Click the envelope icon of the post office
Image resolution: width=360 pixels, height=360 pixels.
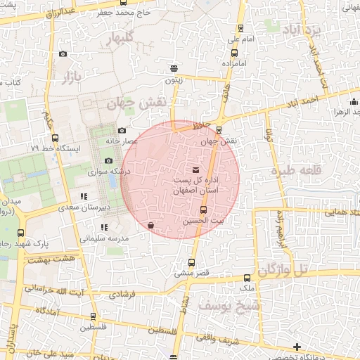coord(195,170)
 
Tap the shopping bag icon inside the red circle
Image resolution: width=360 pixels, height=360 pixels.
coord(151,226)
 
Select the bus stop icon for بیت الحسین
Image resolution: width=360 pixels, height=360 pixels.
coord(204,210)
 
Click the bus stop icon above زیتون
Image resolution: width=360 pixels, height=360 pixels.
coord(174,69)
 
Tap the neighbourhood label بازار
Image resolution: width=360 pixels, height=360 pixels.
coord(67,75)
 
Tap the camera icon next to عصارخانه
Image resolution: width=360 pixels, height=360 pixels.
coord(122,130)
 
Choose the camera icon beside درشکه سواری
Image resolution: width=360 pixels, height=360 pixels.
coord(108,160)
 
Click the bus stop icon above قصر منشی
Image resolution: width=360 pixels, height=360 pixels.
coord(173,263)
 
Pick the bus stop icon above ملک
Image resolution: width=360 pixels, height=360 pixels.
coord(247,278)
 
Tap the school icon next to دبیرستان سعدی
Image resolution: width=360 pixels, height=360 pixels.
coord(84,196)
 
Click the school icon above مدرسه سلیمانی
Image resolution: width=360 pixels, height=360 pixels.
coord(104,227)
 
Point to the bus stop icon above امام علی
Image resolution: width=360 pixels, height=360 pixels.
coord(242,29)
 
